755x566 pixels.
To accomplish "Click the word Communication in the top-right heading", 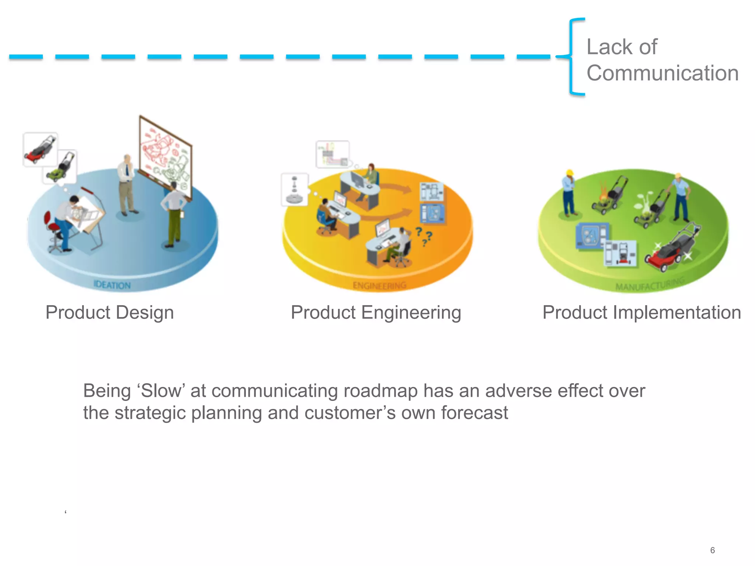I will coord(662,73).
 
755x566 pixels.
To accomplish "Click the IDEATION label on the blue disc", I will coord(112,285).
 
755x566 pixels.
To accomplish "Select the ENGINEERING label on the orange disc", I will coord(379,286).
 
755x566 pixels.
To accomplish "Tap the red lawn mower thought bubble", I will coord(40,149).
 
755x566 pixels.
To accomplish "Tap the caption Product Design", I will coord(109,312).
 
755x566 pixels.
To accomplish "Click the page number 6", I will coord(712,550).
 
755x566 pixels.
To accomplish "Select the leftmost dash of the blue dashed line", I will coord(26,57).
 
